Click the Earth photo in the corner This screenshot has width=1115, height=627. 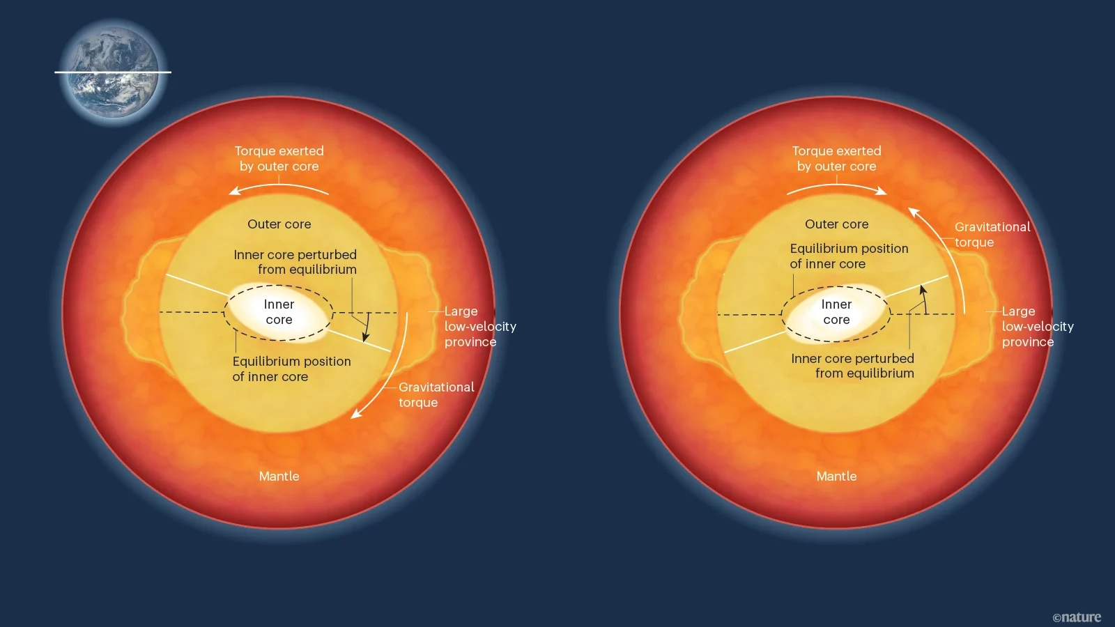(x=114, y=72)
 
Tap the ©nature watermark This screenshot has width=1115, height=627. (x=1077, y=617)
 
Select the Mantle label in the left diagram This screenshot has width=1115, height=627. (x=279, y=477)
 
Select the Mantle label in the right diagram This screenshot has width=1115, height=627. (x=836, y=477)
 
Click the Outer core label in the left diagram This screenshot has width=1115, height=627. (x=279, y=224)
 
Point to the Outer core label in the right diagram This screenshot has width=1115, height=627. (x=837, y=224)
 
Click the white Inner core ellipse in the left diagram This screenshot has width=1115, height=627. (x=278, y=312)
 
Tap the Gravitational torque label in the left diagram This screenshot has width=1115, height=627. (x=436, y=394)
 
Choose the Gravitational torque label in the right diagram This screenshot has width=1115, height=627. (x=992, y=234)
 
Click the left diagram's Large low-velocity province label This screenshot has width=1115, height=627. (x=480, y=327)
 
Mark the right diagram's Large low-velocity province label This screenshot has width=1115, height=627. (x=1038, y=327)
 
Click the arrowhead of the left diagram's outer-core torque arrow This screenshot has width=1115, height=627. (x=234, y=191)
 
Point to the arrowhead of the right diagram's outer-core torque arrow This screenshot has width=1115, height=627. (x=882, y=191)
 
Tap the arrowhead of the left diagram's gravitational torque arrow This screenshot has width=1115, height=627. (x=355, y=414)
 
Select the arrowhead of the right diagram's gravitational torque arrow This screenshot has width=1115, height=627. (x=913, y=212)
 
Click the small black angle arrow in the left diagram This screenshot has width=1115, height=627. (x=367, y=327)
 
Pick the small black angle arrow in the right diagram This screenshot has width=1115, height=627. (x=924, y=299)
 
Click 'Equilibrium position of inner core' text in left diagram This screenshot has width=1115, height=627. (x=292, y=369)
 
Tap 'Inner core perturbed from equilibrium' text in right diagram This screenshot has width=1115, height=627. (x=853, y=366)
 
